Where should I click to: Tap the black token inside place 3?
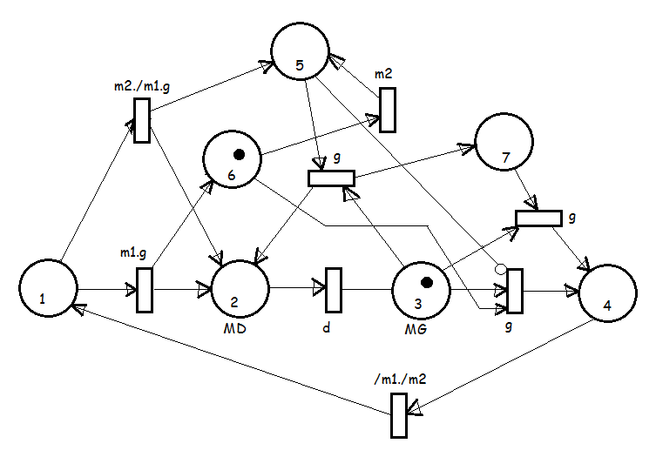pyautogui.click(x=426, y=283)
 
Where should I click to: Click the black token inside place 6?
pyautogui.click(x=239, y=155)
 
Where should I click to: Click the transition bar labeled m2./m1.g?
pyautogui.click(x=142, y=120)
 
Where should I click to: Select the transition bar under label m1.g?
pyautogui.click(x=145, y=290)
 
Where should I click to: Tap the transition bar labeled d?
pyautogui.click(x=334, y=290)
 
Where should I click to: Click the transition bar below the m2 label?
pyautogui.click(x=388, y=110)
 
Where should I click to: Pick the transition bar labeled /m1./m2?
pyautogui.click(x=399, y=415)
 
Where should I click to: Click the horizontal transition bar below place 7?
pyautogui.click(x=539, y=218)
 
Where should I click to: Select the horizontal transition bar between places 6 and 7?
pyautogui.click(x=331, y=178)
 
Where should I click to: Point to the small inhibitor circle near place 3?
pyautogui.click(x=500, y=269)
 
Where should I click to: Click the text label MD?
pyautogui.click(x=234, y=329)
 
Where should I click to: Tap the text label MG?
pyautogui.click(x=416, y=329)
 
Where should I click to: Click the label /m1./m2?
pyautogui.click(x=400, y=379)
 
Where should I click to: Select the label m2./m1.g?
pyautogui.click(x=142, y=86)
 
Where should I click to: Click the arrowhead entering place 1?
pyautogui.click(x=78, y=308)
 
